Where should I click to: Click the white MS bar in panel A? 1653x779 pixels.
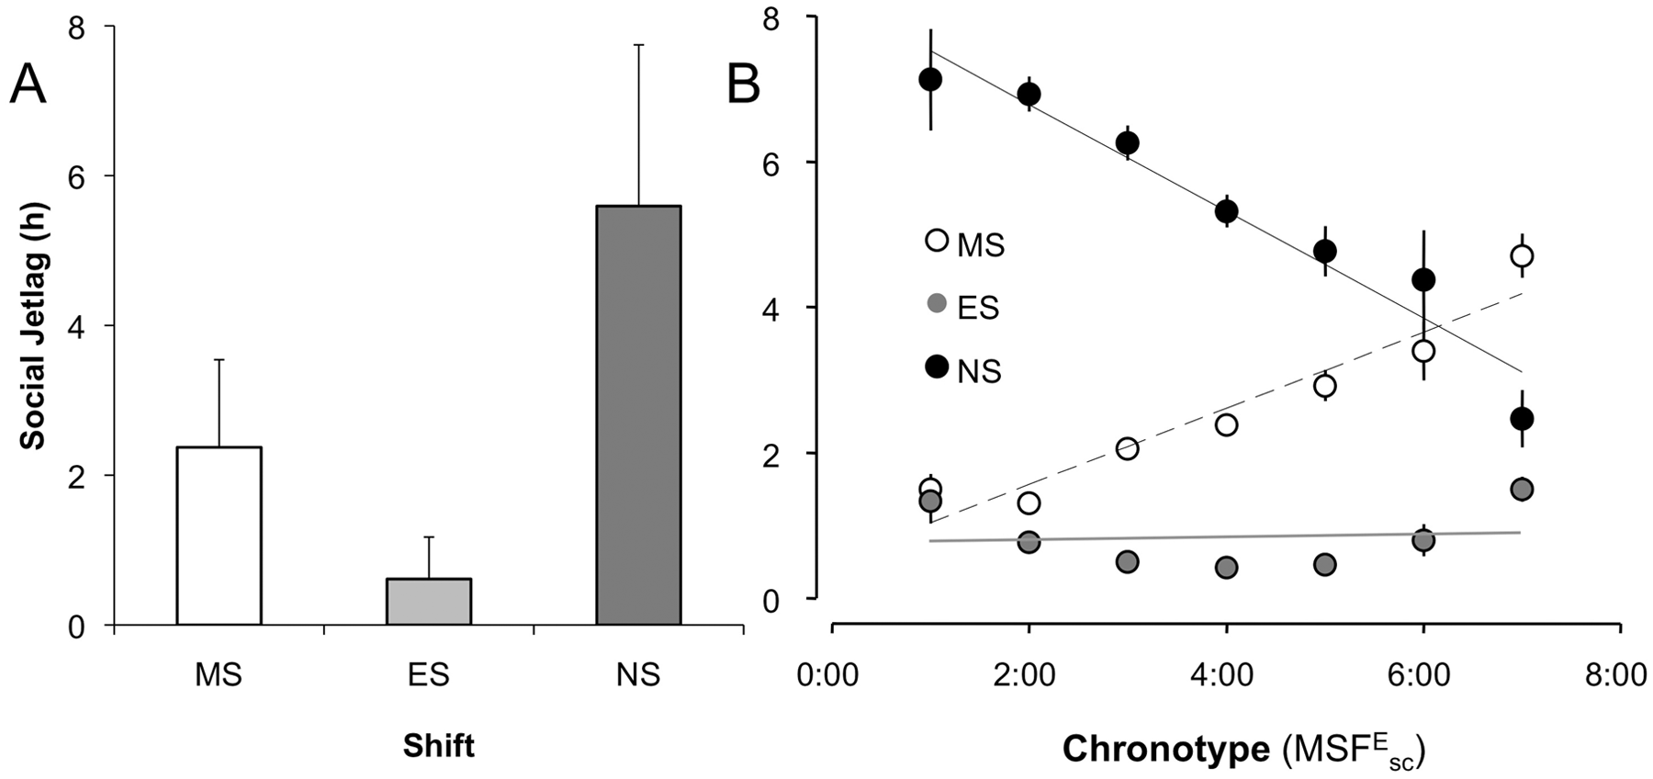219,536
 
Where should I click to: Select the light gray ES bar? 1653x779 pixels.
429,602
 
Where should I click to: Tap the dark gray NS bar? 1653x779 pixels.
638,415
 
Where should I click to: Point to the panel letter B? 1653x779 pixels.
743,86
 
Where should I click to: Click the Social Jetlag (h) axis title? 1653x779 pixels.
33,327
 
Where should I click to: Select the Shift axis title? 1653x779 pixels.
438,746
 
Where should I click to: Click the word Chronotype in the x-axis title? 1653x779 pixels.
1165,750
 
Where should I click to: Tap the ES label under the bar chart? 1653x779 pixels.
429,675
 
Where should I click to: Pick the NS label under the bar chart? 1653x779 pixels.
638,675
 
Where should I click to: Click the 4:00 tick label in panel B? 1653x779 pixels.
1225,675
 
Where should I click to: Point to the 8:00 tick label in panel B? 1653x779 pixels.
1618,675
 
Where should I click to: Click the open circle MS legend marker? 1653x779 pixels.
937,241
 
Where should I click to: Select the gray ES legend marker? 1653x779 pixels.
937,303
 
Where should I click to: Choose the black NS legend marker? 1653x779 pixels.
937,367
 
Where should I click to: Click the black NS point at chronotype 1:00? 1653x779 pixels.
930,80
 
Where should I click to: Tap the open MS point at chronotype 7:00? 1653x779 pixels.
1522,255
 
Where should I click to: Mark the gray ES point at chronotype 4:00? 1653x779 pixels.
1226,568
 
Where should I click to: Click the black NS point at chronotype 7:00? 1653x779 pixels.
1522,419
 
